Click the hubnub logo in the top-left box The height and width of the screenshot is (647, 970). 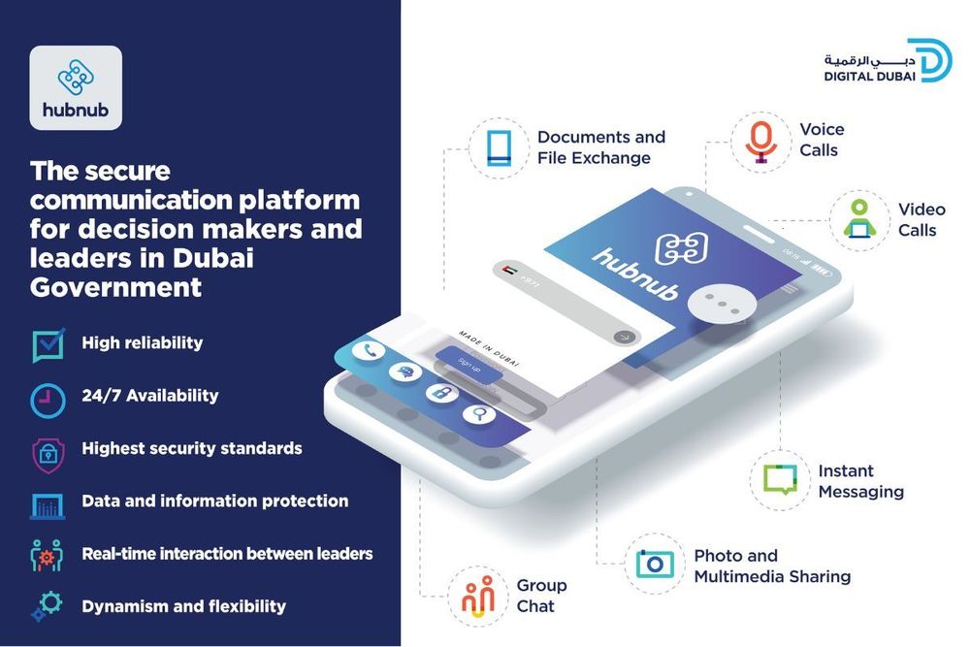click(x=76, y=87)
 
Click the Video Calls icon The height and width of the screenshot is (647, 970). click(x=857, y=219)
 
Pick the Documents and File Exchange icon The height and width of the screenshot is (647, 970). click(x=498, y=147)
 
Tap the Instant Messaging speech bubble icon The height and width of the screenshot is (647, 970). click(x=779, y=479)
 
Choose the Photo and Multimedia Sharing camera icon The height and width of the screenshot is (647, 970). click(x=655, y=564)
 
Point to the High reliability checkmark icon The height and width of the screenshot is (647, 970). click(x=48, y=344)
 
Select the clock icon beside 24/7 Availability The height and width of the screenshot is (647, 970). click(x=48, y=397)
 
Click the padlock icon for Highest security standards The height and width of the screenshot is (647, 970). click(x=48, y=451)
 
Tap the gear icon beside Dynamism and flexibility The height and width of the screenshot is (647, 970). click(x=47, y=607)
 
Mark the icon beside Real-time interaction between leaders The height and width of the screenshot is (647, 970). click(x=47, y=555)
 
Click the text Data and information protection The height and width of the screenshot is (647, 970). click(x=214, y=501)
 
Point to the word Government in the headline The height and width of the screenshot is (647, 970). click(x=115, y=287)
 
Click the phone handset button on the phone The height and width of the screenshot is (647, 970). click(x=368, y=350)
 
